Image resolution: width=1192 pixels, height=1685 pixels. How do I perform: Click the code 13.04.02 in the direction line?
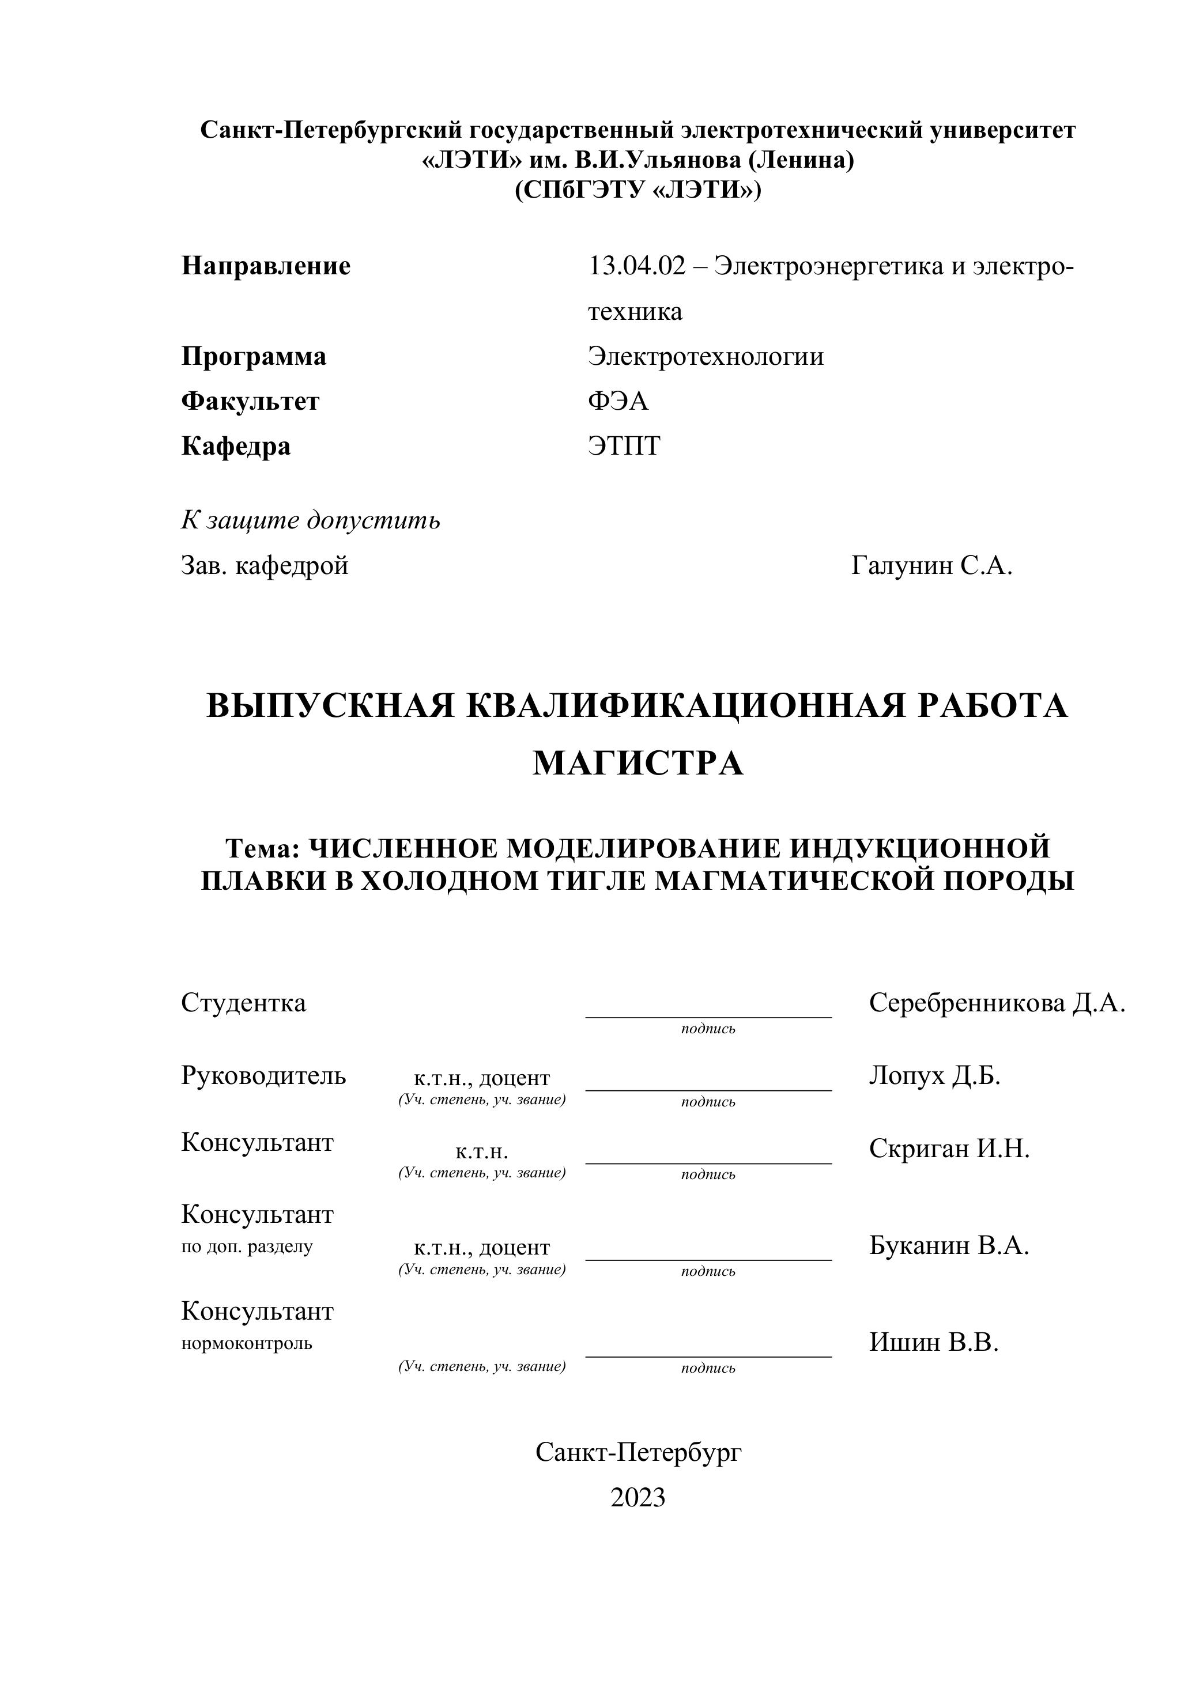click(x=636, y=266)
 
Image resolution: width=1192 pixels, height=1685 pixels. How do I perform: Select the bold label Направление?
click(x=266, y=266)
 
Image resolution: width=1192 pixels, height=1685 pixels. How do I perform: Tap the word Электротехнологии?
click(x=706, y=357)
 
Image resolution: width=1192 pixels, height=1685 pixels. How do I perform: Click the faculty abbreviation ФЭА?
click(x=618, y=402)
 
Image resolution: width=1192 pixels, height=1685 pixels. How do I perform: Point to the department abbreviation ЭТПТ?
click(x=624, y=446)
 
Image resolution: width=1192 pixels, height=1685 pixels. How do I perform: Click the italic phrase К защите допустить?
click(x=311, y=520)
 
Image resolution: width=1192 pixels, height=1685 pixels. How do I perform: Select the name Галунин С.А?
click(x=931, y=565)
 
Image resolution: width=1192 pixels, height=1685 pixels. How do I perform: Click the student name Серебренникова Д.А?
click(x=997, y=1003)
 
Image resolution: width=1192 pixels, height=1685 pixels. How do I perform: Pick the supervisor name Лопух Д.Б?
click(x=934, y=1076)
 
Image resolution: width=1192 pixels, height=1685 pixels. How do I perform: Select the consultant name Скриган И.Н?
click(x=949, y=1148)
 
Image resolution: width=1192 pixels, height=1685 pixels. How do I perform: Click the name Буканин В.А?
click(x=948, y=1245)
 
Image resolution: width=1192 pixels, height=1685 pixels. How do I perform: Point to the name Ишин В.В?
click(x=934, y=1342)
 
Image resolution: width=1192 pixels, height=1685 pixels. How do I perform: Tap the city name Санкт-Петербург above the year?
click(x=638, y=1452)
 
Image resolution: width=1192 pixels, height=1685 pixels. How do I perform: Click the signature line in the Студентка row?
click(x=708, y=1017)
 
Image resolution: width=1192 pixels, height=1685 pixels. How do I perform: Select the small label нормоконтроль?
click(x=247, y=1344)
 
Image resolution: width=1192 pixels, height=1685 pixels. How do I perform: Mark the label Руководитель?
click(x=263, y=1076)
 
